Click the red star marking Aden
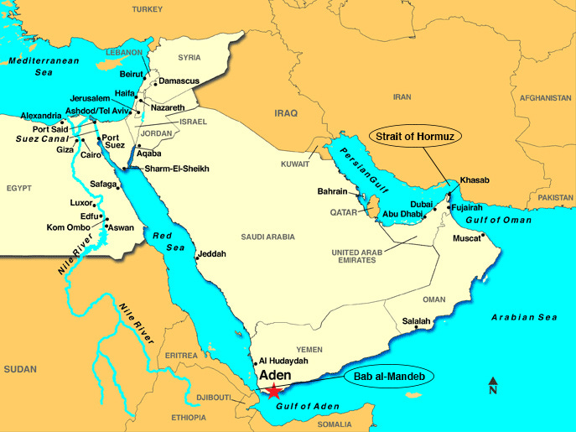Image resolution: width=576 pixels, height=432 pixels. coord(274,392)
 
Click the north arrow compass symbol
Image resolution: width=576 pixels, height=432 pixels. coord(493,386)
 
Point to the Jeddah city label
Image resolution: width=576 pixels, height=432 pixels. coord(212,254)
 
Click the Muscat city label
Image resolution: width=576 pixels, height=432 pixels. coord(469,238)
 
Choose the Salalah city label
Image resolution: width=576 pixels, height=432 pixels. coord(416,321)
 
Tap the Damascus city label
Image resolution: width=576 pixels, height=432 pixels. coord(180,81)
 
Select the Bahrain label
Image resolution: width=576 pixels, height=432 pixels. coord(332,191)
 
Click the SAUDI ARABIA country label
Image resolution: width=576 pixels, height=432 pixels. coord(268,237)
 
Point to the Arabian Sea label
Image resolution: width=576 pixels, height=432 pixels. coord(523,317)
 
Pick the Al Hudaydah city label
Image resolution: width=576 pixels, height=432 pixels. coord(283,360)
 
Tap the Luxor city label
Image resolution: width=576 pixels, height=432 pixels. coord(80,203)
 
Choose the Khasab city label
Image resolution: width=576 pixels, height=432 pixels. coord(474,180)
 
